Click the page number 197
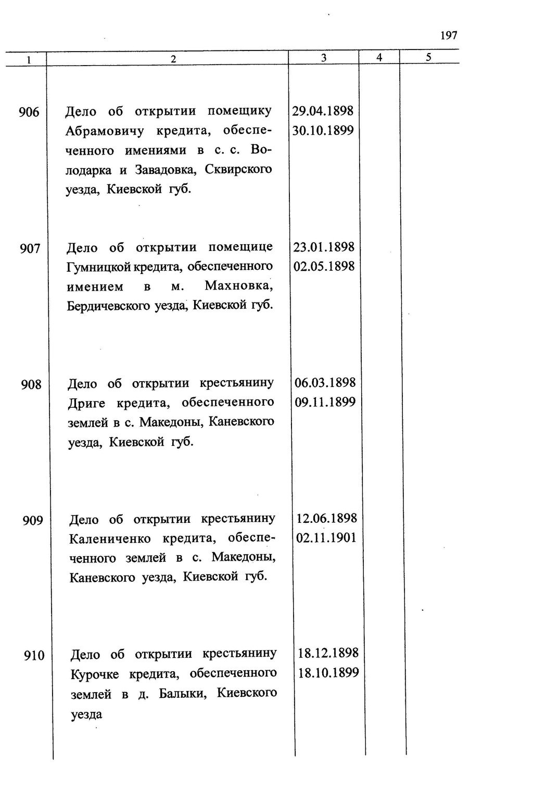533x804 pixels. [x=448, y=35]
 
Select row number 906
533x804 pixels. [x=29, y=112]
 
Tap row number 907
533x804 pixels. [x=30, y=249]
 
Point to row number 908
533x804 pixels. [x=31, y=385]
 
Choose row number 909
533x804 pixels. [x=32, y=521]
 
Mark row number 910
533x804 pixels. [x=34, y=656]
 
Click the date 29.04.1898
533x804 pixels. [x=323, y=111]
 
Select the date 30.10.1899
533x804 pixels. [x=323, y=130]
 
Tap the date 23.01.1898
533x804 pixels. [x=324, y=247]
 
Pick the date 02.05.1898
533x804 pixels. [x=324, y=266]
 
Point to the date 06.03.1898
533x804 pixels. [x=325, y=383]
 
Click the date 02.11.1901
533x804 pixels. [x=326, y=537]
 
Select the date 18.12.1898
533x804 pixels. [x=328, y=653]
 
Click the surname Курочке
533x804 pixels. [x=95, y=674]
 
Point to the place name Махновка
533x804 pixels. [x=238, y=286]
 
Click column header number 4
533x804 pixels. [x=379, y=57]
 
